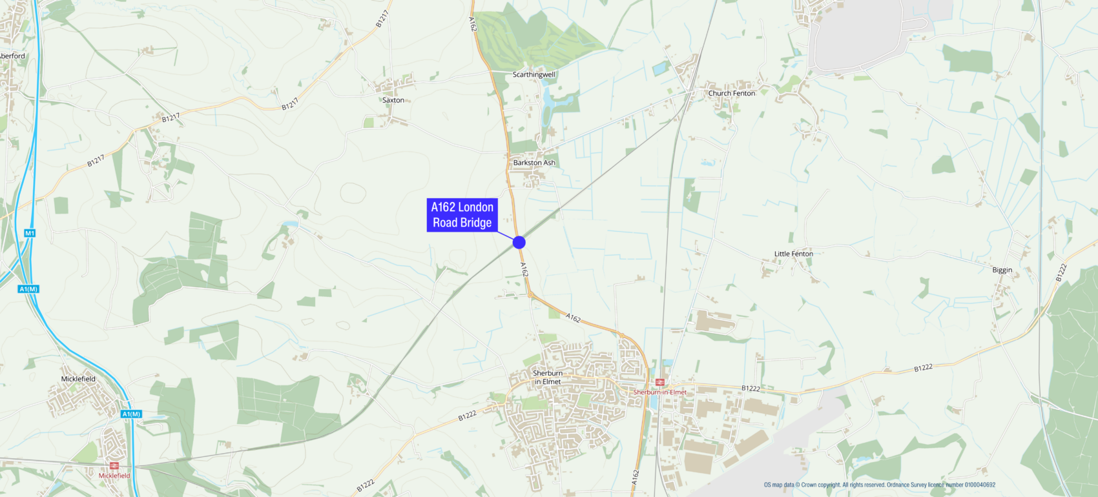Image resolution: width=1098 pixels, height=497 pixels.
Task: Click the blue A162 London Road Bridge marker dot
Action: (x=519, y=242)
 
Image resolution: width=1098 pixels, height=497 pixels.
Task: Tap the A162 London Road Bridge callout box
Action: (x=462, y=215)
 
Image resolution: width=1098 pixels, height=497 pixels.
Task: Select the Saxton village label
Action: (x=393, y=100)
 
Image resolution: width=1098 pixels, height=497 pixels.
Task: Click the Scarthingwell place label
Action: (x=533, y=74)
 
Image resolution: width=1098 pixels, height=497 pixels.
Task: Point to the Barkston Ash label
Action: (x=533, y=163)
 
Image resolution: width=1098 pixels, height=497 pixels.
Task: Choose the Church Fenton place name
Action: (x=731, y=93)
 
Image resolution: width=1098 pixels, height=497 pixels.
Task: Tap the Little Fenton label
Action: (x=793, y=254)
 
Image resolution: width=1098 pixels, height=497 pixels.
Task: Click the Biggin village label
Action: (x=1002, y=270)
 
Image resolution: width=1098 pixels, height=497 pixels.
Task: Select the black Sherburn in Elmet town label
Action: (x=548, y=377)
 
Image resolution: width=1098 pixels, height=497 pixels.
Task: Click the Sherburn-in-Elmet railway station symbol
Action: (x=659, y=382)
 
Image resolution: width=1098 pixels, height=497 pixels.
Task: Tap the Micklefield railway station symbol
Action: (x=114, y=466)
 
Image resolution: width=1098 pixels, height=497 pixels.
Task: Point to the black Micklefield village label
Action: (x=78, y=379)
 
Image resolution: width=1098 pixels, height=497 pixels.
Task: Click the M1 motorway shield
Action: (x=30, y=233)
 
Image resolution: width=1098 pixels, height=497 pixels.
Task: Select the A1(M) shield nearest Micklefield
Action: (x=131, y=414)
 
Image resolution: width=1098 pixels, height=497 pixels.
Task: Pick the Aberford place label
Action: (x=12, y=56)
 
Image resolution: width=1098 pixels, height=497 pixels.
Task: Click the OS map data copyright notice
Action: (x=879, y=485)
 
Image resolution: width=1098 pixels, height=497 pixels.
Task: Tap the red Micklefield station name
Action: (x=114, y=476)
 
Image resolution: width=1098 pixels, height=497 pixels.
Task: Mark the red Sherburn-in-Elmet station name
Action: (x=659, y=392)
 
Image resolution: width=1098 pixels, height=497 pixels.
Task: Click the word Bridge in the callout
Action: (x=476, y=223)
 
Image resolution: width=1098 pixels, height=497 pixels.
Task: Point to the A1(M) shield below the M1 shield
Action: (x=29, y=289)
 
